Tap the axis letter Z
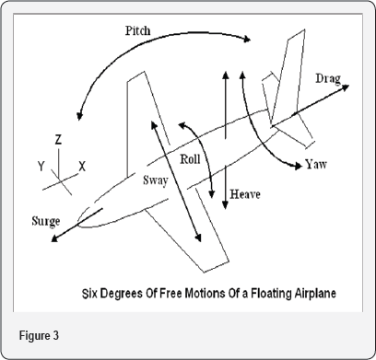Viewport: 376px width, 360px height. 57,140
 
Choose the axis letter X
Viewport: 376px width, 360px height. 82,167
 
